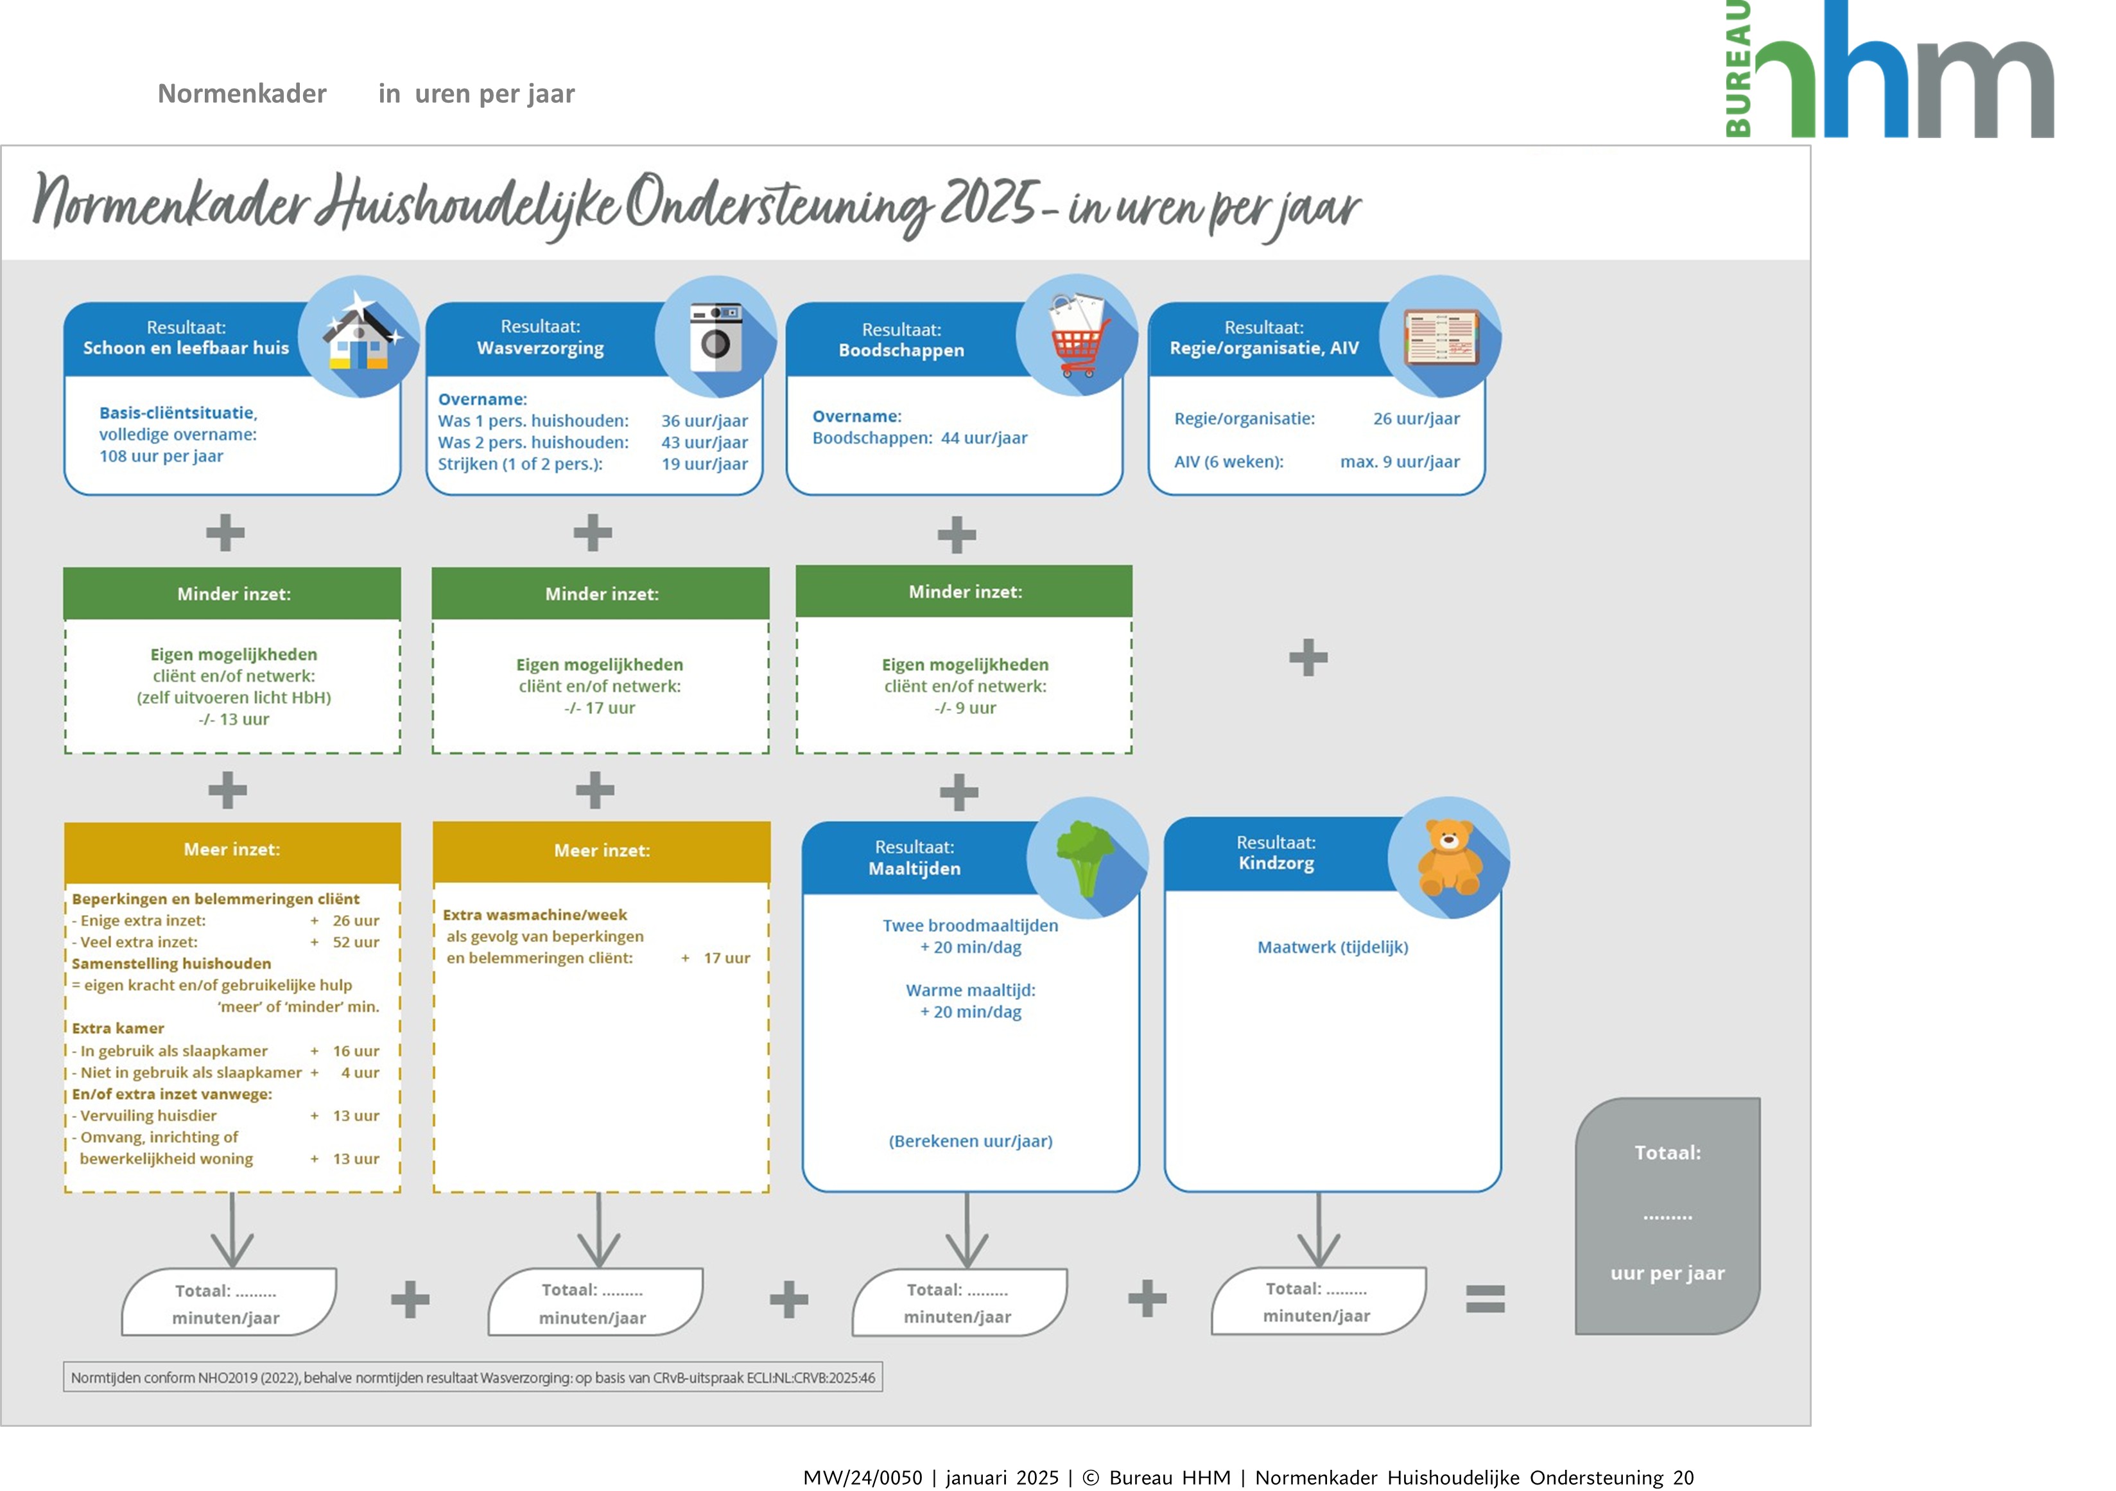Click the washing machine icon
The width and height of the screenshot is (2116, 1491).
point(716,337)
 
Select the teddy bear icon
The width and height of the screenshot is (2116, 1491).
point(1449,858)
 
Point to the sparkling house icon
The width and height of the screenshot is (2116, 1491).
point(360,335)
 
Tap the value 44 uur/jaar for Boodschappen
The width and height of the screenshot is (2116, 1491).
point(984,438)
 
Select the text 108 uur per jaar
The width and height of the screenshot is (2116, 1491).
point(161,456)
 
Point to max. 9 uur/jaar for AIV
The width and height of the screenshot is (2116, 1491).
point(1399,462)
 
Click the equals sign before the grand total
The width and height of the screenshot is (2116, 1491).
point(1485,1298)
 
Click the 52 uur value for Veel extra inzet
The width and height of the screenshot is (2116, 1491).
point(356,942)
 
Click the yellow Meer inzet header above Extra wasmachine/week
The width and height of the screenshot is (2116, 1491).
point(601,851)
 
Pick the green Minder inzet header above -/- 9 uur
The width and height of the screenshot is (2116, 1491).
point(964,591)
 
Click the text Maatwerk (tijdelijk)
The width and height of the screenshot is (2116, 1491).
point(1333,947)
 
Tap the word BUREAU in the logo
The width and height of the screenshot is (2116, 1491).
point(1738,69)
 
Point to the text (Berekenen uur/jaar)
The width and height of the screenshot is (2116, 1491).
point(971,1141)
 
